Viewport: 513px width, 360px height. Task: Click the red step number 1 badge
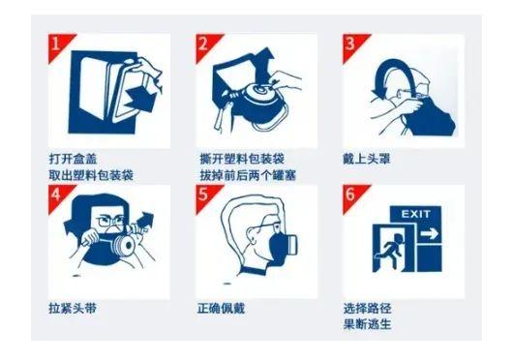click(58, 45)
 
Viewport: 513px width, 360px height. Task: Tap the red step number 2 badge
click(205, 45)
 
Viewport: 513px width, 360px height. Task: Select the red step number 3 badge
click(352, 45)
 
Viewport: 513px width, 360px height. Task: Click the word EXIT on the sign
click(415, 214)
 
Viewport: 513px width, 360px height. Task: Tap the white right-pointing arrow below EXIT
click(429, 234)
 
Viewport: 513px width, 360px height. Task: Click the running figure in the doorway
click(390, 248)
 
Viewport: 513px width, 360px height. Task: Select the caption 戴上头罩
click(367, 159)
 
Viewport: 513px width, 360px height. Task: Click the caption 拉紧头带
click(73, 308)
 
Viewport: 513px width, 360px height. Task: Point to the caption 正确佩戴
click(221, 308)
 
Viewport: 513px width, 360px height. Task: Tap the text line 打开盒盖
click(73, 159)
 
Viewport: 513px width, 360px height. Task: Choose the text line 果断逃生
click(367, 324)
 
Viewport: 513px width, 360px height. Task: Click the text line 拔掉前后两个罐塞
click(248, 175)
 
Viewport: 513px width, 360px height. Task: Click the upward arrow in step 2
click(264, 66)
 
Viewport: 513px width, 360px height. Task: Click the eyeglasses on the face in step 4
click(111, 221)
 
